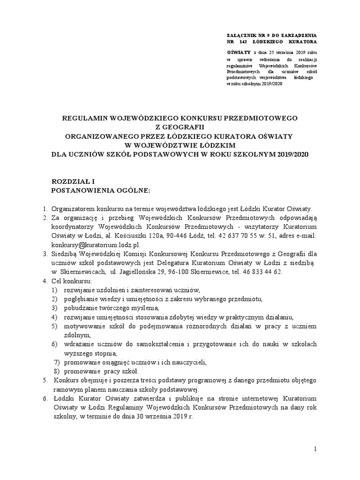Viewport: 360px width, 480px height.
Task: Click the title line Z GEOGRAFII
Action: coord(180,126)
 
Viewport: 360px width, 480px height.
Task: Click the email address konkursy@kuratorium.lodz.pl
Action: coord(96,245)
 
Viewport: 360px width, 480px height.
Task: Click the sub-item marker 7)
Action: coord(58,362)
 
